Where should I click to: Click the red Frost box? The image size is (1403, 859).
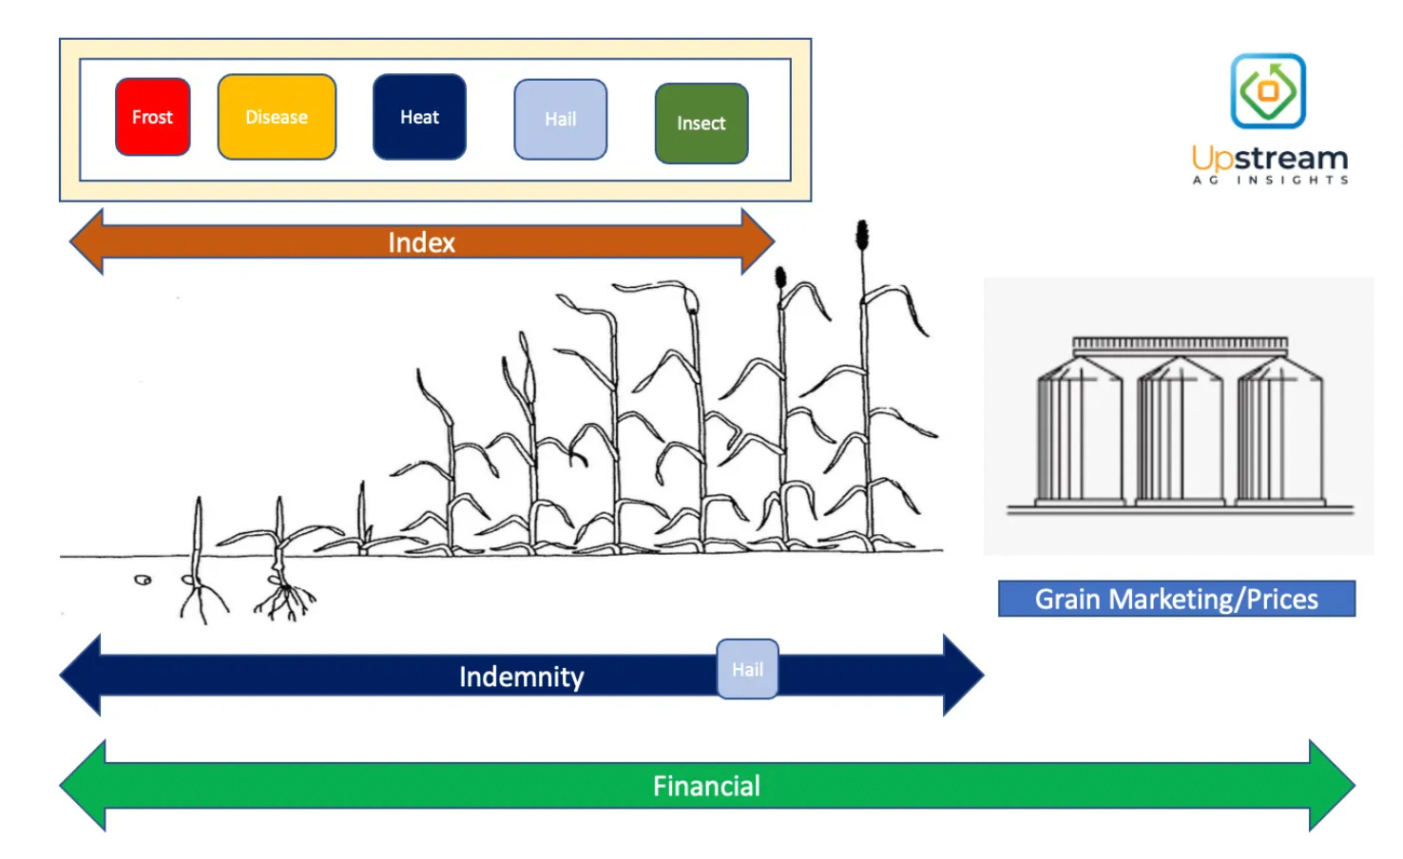[x=152, y=117]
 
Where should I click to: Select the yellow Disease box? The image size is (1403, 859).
[x=277, y=117]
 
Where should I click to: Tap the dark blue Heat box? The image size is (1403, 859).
[x=419, y=117]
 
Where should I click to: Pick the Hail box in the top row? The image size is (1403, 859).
[x=560, y=120]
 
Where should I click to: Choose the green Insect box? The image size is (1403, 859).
[x=701, y=124]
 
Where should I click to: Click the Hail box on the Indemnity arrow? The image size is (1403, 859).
[x=747, y=670]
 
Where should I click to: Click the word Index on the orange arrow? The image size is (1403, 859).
[x=421, y=243]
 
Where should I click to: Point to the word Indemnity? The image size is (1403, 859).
[x=521, y=677]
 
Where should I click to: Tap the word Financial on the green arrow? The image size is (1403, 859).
[x=706, y=786]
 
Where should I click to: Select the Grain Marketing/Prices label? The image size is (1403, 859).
[x=1176, y=599]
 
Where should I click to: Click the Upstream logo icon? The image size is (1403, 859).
[x=1268, y=91]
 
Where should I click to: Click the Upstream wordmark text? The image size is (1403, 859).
[x=1270, y=159]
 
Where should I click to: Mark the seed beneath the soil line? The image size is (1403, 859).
[x=143, y=580]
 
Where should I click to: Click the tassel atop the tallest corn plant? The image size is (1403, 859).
[x=862, y=235]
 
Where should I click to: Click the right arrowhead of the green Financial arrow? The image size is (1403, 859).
[x=1333, y=786]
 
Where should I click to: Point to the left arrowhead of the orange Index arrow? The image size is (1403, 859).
[x=87, y=242]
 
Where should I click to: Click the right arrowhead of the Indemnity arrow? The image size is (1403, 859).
[x=962, y=676]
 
